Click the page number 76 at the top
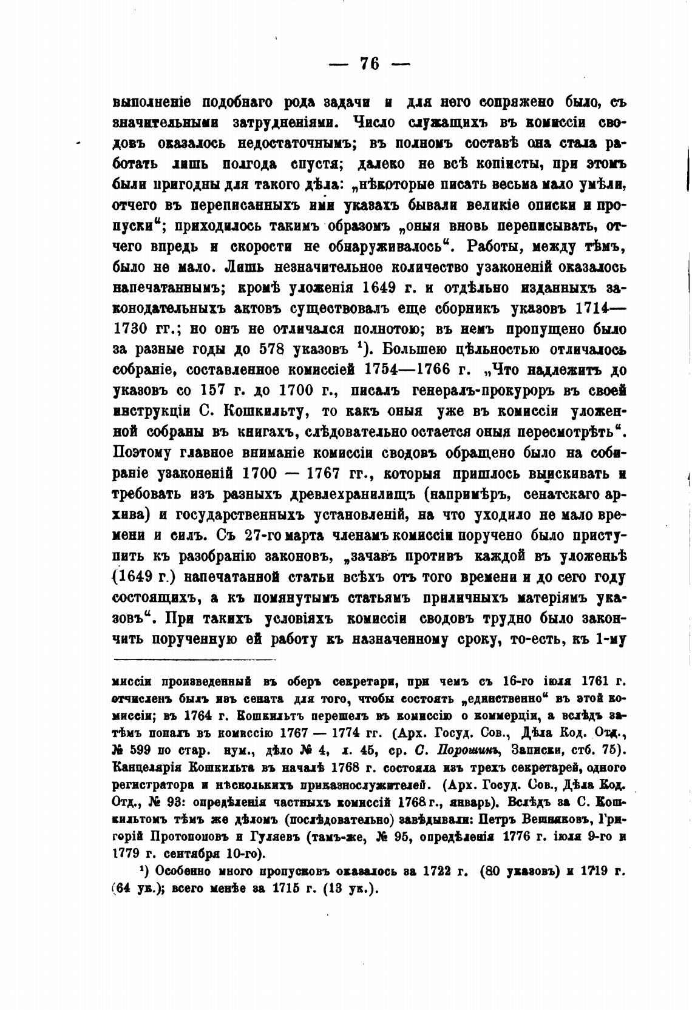coord(369,63)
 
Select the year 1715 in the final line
coord(292,890)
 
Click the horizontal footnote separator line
coord(194,660)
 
